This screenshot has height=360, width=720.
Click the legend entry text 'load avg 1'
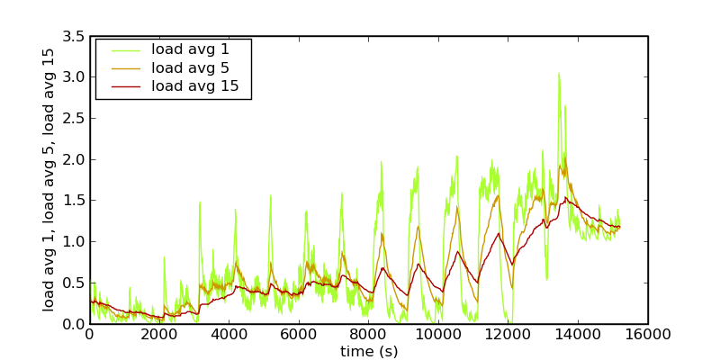[x=190, y=49]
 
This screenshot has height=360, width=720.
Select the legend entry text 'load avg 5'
[x=190, y=67]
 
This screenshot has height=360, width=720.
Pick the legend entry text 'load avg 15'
[x=194, y=86]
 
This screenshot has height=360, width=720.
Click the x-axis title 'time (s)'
[x=369, y=351]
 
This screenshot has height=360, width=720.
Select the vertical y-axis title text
[x=49, y=179]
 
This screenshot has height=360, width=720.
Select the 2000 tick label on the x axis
[x=159, y=335]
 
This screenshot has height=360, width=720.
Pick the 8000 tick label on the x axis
[x=369, y=335]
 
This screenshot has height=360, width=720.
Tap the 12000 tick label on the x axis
[x=508, y=335]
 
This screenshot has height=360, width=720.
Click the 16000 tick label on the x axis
[x=648, y=335]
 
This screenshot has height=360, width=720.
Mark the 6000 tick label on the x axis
[x=299, y=335]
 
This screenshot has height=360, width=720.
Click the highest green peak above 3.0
[x=558, y=74]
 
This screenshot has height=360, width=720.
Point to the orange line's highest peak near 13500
[x=561, y=163]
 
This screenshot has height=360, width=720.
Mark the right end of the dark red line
[x=619, y=226]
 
